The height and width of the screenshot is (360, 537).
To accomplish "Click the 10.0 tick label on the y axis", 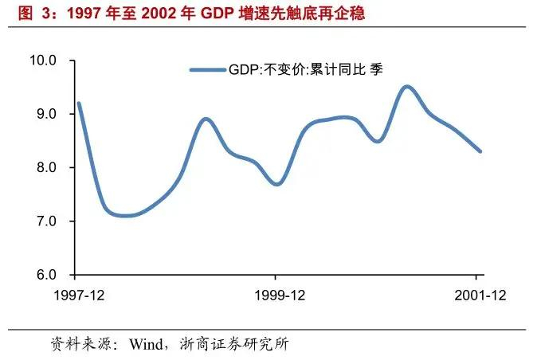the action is [43, 61].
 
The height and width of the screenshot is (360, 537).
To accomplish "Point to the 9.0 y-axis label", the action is [46, 114].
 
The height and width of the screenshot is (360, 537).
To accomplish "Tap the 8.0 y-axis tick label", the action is [46, 168].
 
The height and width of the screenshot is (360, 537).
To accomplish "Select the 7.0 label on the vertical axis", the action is [46, 221].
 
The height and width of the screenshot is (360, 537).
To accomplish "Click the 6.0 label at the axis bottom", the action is [46, 275].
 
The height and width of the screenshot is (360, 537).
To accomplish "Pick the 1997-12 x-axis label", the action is [79, 295].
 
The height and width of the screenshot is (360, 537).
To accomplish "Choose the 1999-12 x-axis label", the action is [280, 295].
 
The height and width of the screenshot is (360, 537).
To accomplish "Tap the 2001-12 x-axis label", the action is [480, 295].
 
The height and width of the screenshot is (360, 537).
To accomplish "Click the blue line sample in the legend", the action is [208, 70].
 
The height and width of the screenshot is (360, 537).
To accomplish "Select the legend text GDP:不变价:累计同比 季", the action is [306, 70].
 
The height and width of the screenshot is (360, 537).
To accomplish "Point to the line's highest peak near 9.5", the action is [407, 87].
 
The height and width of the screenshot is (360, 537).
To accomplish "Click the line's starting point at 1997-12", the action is [79, 103].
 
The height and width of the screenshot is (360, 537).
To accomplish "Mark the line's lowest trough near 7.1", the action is [126, 216].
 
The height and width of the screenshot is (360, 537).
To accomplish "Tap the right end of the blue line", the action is [480, 151].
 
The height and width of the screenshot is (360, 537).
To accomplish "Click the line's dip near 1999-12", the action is [276, 184].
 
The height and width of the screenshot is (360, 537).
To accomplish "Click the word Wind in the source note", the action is [146, 344].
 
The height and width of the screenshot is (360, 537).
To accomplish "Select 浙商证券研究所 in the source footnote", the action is [234, 344].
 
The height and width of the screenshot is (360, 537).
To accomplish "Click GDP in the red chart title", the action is [218, 14].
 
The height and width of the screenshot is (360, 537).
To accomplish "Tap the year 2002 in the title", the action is [156, 14].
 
